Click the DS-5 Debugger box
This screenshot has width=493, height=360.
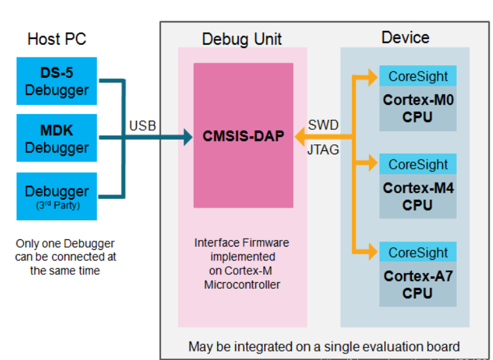coord(57,80)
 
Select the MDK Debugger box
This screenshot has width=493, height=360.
coord(57,138)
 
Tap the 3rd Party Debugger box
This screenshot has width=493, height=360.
coord(57,196)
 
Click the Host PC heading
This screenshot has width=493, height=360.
coord(57,39)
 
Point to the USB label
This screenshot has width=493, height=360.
coord(143,125)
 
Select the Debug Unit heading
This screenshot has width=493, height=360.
coord(242,40)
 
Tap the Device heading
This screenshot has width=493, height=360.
coord(405,38)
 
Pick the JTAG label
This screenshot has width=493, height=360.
coord(323,150)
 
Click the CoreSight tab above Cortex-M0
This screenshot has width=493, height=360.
coord(418,76)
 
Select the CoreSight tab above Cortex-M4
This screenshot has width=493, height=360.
coord(418,164)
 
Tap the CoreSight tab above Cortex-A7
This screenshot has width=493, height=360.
coord(418,253)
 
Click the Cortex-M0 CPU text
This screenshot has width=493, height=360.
coord(418,109)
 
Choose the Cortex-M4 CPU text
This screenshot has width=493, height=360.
coord(418,196)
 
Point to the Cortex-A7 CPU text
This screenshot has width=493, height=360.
coord(418,284)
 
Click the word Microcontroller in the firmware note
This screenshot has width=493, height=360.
coord(242,285)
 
